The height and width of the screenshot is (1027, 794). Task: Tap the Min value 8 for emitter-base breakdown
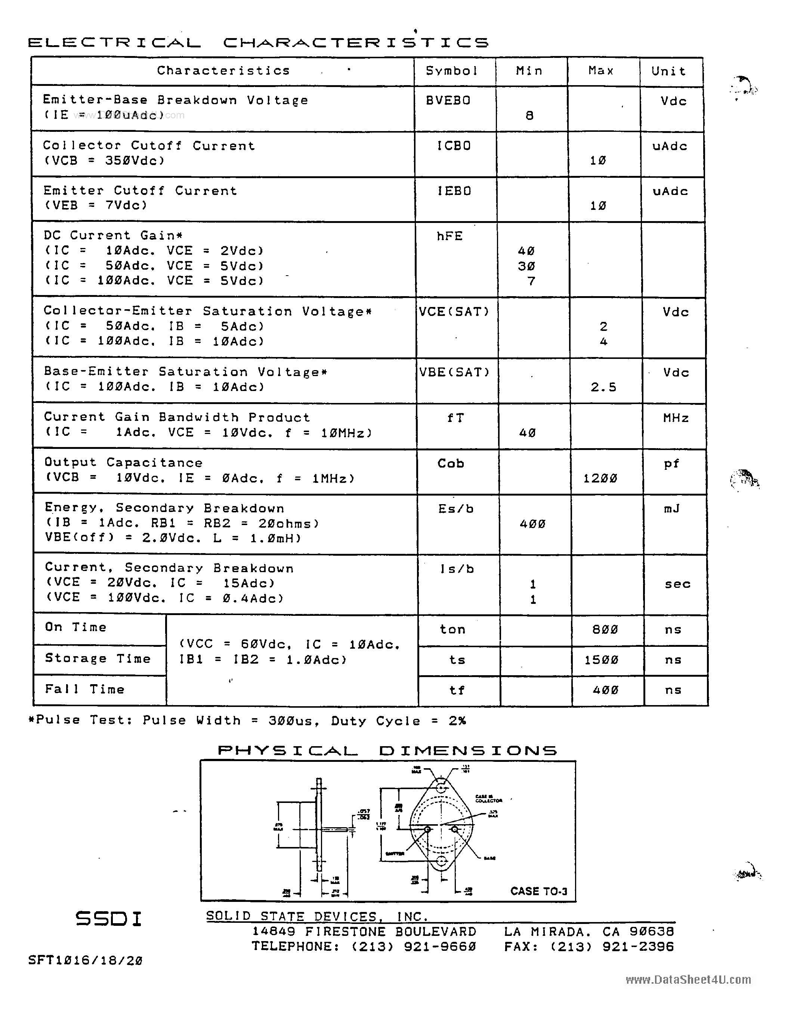pos(530,116)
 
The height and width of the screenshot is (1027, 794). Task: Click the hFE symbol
pos(449,236)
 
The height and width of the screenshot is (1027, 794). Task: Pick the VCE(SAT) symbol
pos(454,312)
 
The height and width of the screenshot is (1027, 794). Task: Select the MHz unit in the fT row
pos(676,418)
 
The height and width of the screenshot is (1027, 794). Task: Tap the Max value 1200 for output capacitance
pos(600,479)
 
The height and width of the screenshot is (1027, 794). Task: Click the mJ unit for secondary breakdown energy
pos(672,509)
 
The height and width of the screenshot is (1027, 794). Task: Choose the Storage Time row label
pos(98,659)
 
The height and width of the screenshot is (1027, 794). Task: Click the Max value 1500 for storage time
pos(602,660)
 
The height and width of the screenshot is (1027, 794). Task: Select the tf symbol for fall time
pos(457,690)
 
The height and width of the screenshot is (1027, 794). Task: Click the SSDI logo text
pos(109,919)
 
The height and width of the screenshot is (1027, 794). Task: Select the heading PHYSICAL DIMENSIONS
pos(387,751)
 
